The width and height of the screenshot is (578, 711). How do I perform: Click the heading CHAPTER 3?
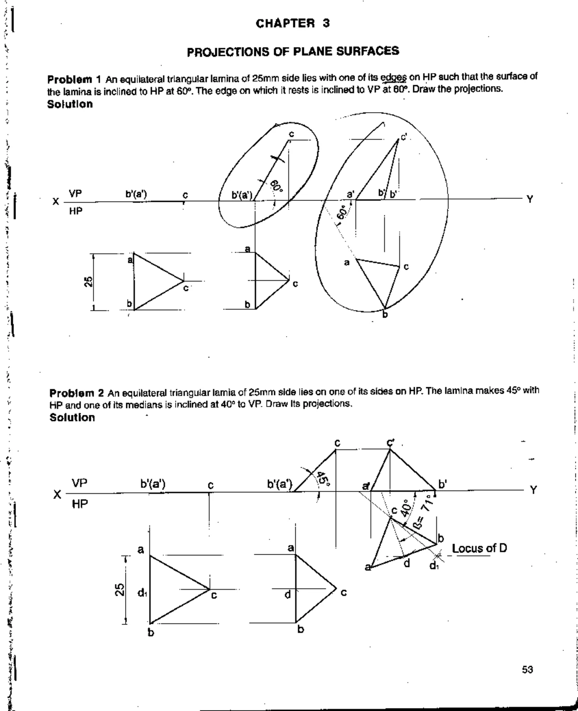pyautogui.click(x=292, y=23)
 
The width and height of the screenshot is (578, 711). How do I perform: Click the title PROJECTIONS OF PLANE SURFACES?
pyautogui.click(x=293, y=51)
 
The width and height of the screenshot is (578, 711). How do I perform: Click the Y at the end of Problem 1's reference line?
pyautogui.click(x=529, y=199)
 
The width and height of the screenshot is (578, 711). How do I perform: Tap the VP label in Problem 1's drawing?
pyautogui.click(x=75, y=193)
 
